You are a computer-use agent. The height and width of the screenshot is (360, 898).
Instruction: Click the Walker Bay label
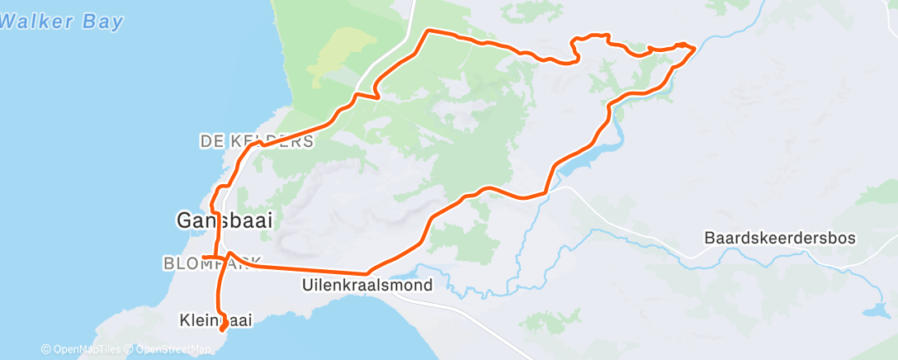pyautogui.click(x=61, y=22)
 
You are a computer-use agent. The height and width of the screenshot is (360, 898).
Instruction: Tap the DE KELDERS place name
pyautogui.click(x=257, y=142)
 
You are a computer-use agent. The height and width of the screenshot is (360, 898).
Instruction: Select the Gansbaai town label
pyautogui.click(x=224, y=220)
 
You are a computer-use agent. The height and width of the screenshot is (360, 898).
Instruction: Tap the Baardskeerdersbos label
pyautogui.click(x=780, y=238)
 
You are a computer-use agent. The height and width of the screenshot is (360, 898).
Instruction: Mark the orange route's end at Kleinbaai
pyautogui.click(x=223, y=332)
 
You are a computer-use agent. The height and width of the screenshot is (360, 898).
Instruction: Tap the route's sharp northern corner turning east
pyautogui.click(x=428, y=31)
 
